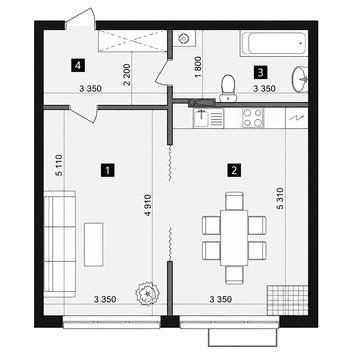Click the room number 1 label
point(108,170)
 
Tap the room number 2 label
point(234,170)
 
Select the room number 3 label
point(260,72)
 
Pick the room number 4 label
point(77,65)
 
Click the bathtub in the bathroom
point(273,43)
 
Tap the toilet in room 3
point(228,88)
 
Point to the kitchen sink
point(208,118)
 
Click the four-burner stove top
point(253,118)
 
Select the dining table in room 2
point(234,238)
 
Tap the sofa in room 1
point(60,244)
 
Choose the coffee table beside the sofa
point(93,244)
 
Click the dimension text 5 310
point(280,198)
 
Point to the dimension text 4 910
point(148,205)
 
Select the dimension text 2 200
point(127,75)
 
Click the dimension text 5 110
point(59,165)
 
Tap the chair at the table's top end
point(234,201)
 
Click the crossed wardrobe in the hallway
point(132,41)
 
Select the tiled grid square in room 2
point(287,300)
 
